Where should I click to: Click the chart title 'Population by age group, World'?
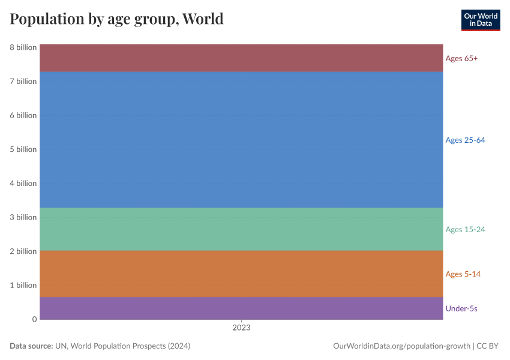tap(116, 19)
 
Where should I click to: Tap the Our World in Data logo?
tap(480, 20)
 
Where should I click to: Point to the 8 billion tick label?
tap(23, 47)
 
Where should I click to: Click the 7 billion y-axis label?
tap(23, 81)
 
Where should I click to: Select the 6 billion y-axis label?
tap(23, 115)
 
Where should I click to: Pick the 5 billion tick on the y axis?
tap(23, 149)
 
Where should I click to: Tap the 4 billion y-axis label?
tap(23, 183)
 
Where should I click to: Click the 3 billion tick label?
tap(23, 217)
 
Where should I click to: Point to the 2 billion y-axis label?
tap(23, 251)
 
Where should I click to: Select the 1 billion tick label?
tap(23, 285)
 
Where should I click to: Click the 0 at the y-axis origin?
tap(34, 319)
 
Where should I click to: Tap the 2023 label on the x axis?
tap(241, 328)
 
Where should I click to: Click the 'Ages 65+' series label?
tap(461, 59)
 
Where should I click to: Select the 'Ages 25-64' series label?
tap(465, 140)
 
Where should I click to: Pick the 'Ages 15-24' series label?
tap(465, 229)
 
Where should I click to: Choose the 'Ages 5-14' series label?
tap(463, 274)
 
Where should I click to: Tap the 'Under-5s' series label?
tap(461, 308)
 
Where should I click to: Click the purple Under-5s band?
tap(241, 308)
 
